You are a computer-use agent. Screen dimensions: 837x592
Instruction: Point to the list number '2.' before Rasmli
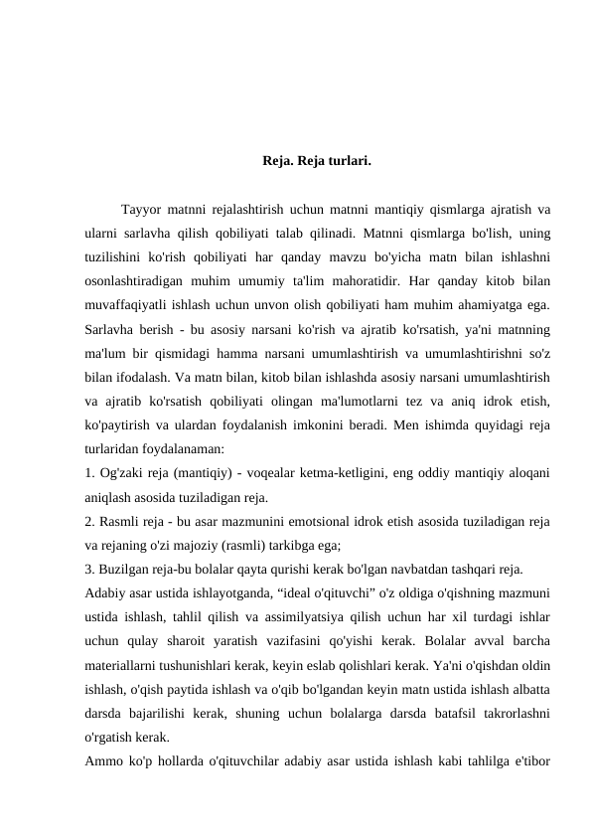pyautogui.click(x=90, y=522)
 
